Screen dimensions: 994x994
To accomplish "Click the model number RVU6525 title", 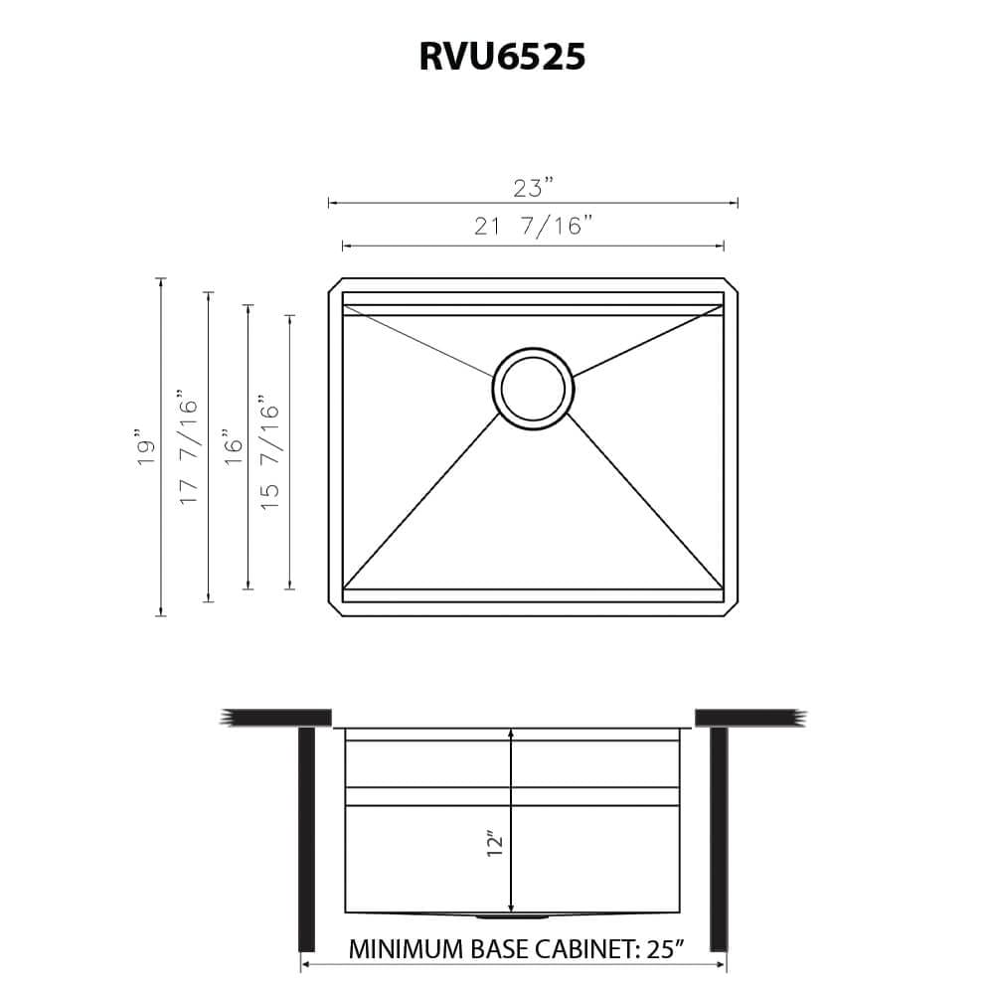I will click(x=501, y=57).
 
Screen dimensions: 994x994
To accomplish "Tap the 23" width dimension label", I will click(x=533, y=188).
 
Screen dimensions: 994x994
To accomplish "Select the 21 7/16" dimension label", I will click(x=533, y=227).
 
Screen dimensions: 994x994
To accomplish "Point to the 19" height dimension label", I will click(x=147, y=447).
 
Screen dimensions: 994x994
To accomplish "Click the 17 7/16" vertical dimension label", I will click(x=189, y=446).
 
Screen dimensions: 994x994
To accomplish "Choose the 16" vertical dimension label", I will click(x=233, y=446).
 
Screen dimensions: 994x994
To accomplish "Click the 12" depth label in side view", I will click(x=497, y=844).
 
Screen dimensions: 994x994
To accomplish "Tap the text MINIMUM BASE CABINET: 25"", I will click(x=517, y=948).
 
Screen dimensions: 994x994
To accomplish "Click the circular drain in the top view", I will click(x=533, y=389).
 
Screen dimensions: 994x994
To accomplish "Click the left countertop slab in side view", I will click(x=278, y=718).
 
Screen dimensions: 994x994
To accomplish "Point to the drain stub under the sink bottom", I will click(x=510, y=915).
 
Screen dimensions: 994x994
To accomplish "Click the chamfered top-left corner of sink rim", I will click(x=335, y=285).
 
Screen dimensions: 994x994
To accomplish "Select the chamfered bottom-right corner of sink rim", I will click(x=731, y=609).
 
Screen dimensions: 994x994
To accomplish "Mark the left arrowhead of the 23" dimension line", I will click(x=332, y=203).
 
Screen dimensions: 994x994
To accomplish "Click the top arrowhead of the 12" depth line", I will click(x=510, y=733).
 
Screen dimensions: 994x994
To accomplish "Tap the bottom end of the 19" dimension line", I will click(x=161, y=614).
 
